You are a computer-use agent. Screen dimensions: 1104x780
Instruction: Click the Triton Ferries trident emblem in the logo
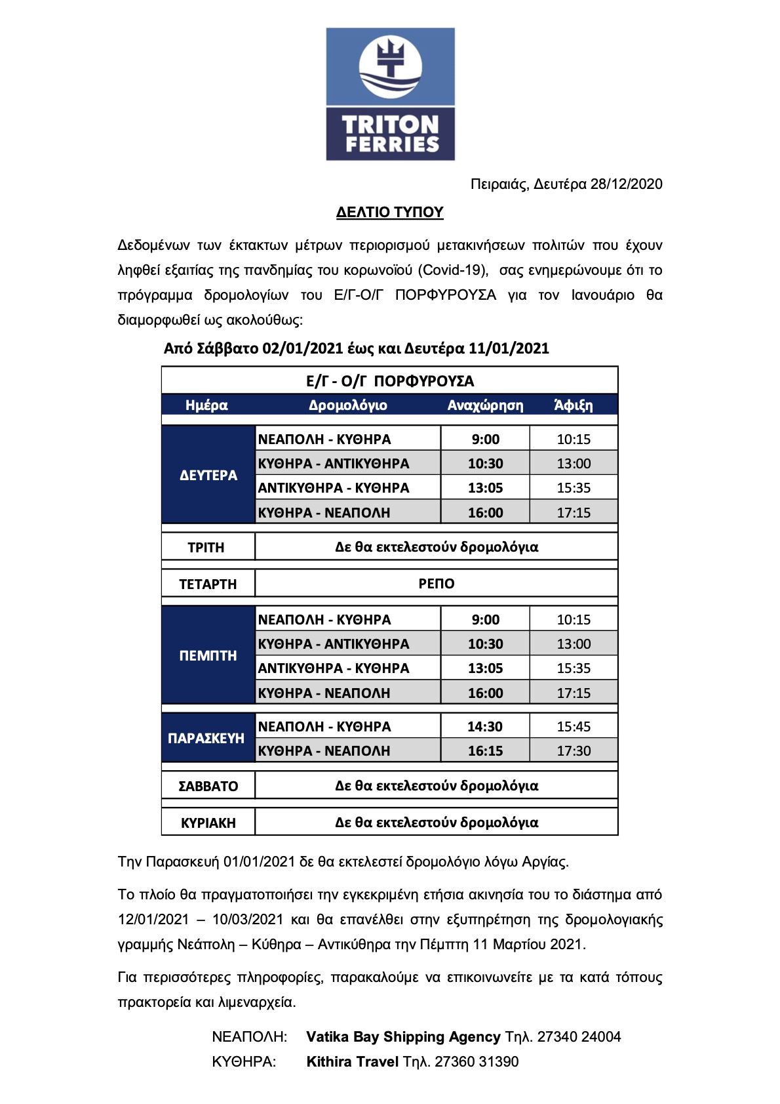coord(391,66)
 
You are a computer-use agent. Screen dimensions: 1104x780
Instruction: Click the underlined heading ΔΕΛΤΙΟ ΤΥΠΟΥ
coord(390,212)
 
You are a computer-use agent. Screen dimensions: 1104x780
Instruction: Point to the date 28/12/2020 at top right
coord(626,184)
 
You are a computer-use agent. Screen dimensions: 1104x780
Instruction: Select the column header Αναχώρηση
coord(485,405)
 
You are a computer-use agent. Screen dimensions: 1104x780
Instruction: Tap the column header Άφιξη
coord(573,405)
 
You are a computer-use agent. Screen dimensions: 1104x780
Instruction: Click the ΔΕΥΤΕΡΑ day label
coord(208,475)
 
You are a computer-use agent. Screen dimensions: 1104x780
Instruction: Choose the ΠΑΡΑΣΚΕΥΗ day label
coord(206,738)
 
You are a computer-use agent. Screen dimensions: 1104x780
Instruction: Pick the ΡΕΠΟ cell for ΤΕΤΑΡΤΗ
coord(437,583)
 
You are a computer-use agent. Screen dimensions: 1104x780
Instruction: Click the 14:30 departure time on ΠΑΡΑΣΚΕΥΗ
coord(485,726)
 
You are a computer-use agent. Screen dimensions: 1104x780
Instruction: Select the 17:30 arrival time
coord(574,750)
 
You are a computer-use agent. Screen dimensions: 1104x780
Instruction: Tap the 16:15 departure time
coord(485,750)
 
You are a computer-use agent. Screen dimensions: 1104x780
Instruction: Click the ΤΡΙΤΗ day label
coord(206,547)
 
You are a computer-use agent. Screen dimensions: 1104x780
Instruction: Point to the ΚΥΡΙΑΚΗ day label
coord(208,823)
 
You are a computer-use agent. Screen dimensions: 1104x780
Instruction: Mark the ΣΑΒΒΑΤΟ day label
coord(208,786)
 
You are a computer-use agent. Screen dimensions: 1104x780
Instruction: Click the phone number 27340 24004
coord(579,1036)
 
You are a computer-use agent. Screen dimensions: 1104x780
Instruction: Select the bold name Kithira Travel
coord(353,1061)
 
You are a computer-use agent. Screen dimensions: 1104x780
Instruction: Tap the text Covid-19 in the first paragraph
coord(452,270)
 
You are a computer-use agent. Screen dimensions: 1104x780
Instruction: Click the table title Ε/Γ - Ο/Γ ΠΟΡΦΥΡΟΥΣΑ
coord(390,381)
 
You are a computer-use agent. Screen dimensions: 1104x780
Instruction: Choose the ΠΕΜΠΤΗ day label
coord(208,655)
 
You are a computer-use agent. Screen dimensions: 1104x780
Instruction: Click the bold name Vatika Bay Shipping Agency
coord(403,1036)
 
